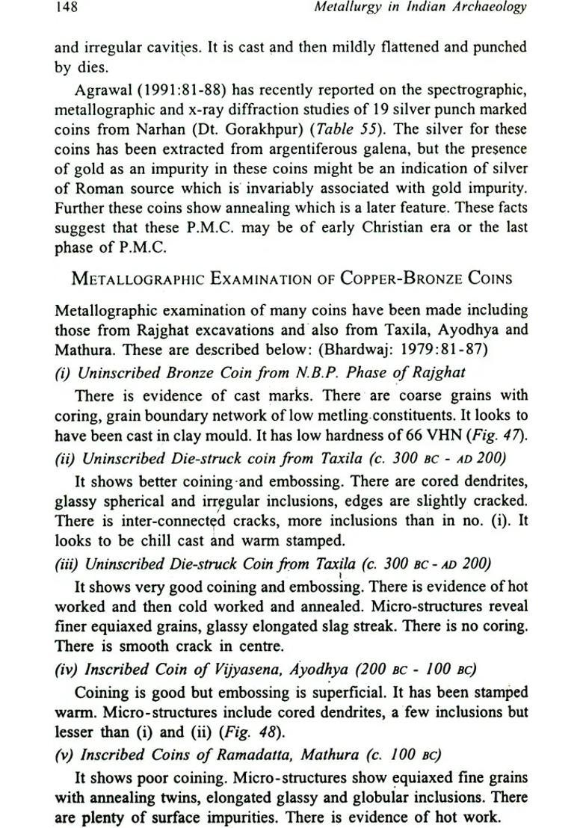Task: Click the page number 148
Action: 66,8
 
